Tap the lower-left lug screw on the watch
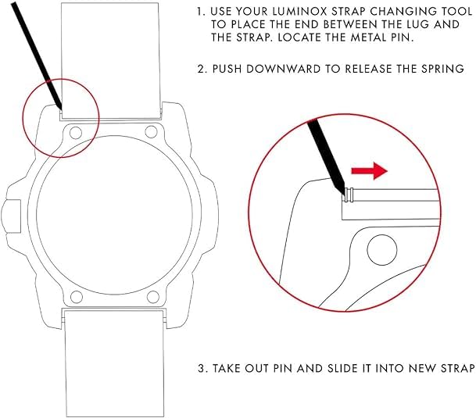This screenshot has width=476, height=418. tap(77, 296)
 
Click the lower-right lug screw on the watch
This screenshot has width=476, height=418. tap(153, 296)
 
